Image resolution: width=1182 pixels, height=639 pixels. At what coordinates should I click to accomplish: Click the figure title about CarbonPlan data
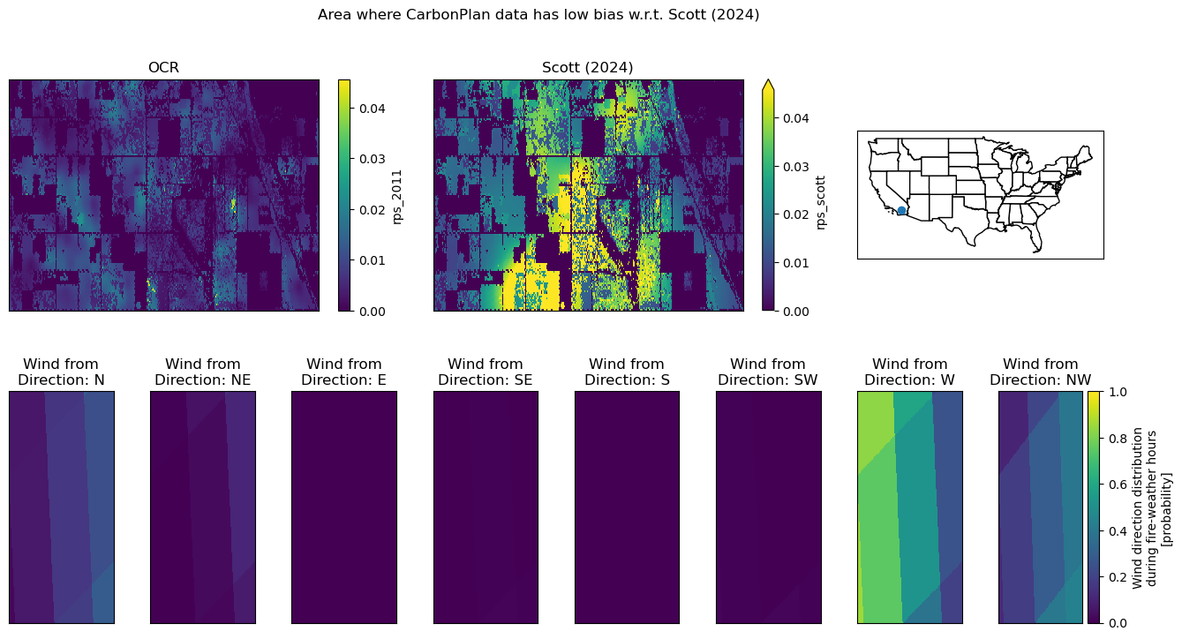point(538,15)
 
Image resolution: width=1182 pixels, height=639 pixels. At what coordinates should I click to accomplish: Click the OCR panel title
point(163,68)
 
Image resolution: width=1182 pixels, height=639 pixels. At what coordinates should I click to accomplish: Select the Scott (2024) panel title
point(587,68)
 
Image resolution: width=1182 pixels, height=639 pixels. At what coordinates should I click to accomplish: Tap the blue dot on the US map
point(901,211)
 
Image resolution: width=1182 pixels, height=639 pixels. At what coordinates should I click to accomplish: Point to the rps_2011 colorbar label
point(397,197)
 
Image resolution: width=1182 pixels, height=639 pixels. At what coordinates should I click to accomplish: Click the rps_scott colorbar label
point(821,203)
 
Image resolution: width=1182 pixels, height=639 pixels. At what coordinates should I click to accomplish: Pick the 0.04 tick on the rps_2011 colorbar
point(372,109)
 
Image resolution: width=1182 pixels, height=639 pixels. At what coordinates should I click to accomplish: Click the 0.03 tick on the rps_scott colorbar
point(795,167)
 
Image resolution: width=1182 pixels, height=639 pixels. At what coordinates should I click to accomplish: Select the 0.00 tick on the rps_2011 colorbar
point(372,312)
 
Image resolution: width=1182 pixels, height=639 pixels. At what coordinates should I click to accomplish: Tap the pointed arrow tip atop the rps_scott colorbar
point(768,80)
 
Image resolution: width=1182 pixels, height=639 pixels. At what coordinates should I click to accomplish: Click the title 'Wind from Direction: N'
point(61,372)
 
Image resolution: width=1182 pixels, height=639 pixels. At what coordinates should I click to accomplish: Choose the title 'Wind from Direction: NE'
point(203,372)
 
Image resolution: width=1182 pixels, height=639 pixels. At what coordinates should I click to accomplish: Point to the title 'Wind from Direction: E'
point(344,372)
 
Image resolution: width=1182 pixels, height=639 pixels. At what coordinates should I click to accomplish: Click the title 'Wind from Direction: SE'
point(486,372)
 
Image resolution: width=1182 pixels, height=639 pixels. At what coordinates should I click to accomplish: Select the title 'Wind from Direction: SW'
point(768,372)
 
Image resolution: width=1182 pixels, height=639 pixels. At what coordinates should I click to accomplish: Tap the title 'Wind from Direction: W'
point(910,372)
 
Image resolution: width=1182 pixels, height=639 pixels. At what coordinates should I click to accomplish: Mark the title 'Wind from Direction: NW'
point(1041,372)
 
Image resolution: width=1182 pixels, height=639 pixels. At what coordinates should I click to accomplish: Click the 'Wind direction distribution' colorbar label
point(1137,507)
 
